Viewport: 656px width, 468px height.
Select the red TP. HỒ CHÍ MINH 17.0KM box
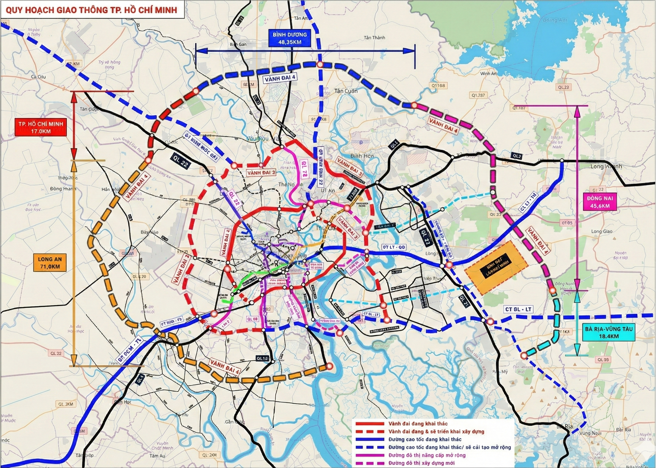click(41, 127)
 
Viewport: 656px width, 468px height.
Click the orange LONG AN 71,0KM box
click(50, 263)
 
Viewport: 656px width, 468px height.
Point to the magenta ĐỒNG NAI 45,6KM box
click(600, 202)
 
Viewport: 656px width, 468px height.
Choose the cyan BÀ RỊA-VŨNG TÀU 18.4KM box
click(607, 333)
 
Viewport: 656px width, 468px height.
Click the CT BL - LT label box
click(518, 310)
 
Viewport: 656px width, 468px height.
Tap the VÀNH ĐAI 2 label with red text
click(261, 173)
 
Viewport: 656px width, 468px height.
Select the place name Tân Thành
click(374, 38)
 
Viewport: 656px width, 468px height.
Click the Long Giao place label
click(602, 231)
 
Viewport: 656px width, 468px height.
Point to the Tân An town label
click(301, 18)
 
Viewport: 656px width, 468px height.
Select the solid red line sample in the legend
click(370, 424)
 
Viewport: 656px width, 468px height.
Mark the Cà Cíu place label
click(38, 77)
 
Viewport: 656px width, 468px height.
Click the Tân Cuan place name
click(346, 91)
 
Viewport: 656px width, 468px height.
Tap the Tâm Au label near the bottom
click(157, 456)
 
